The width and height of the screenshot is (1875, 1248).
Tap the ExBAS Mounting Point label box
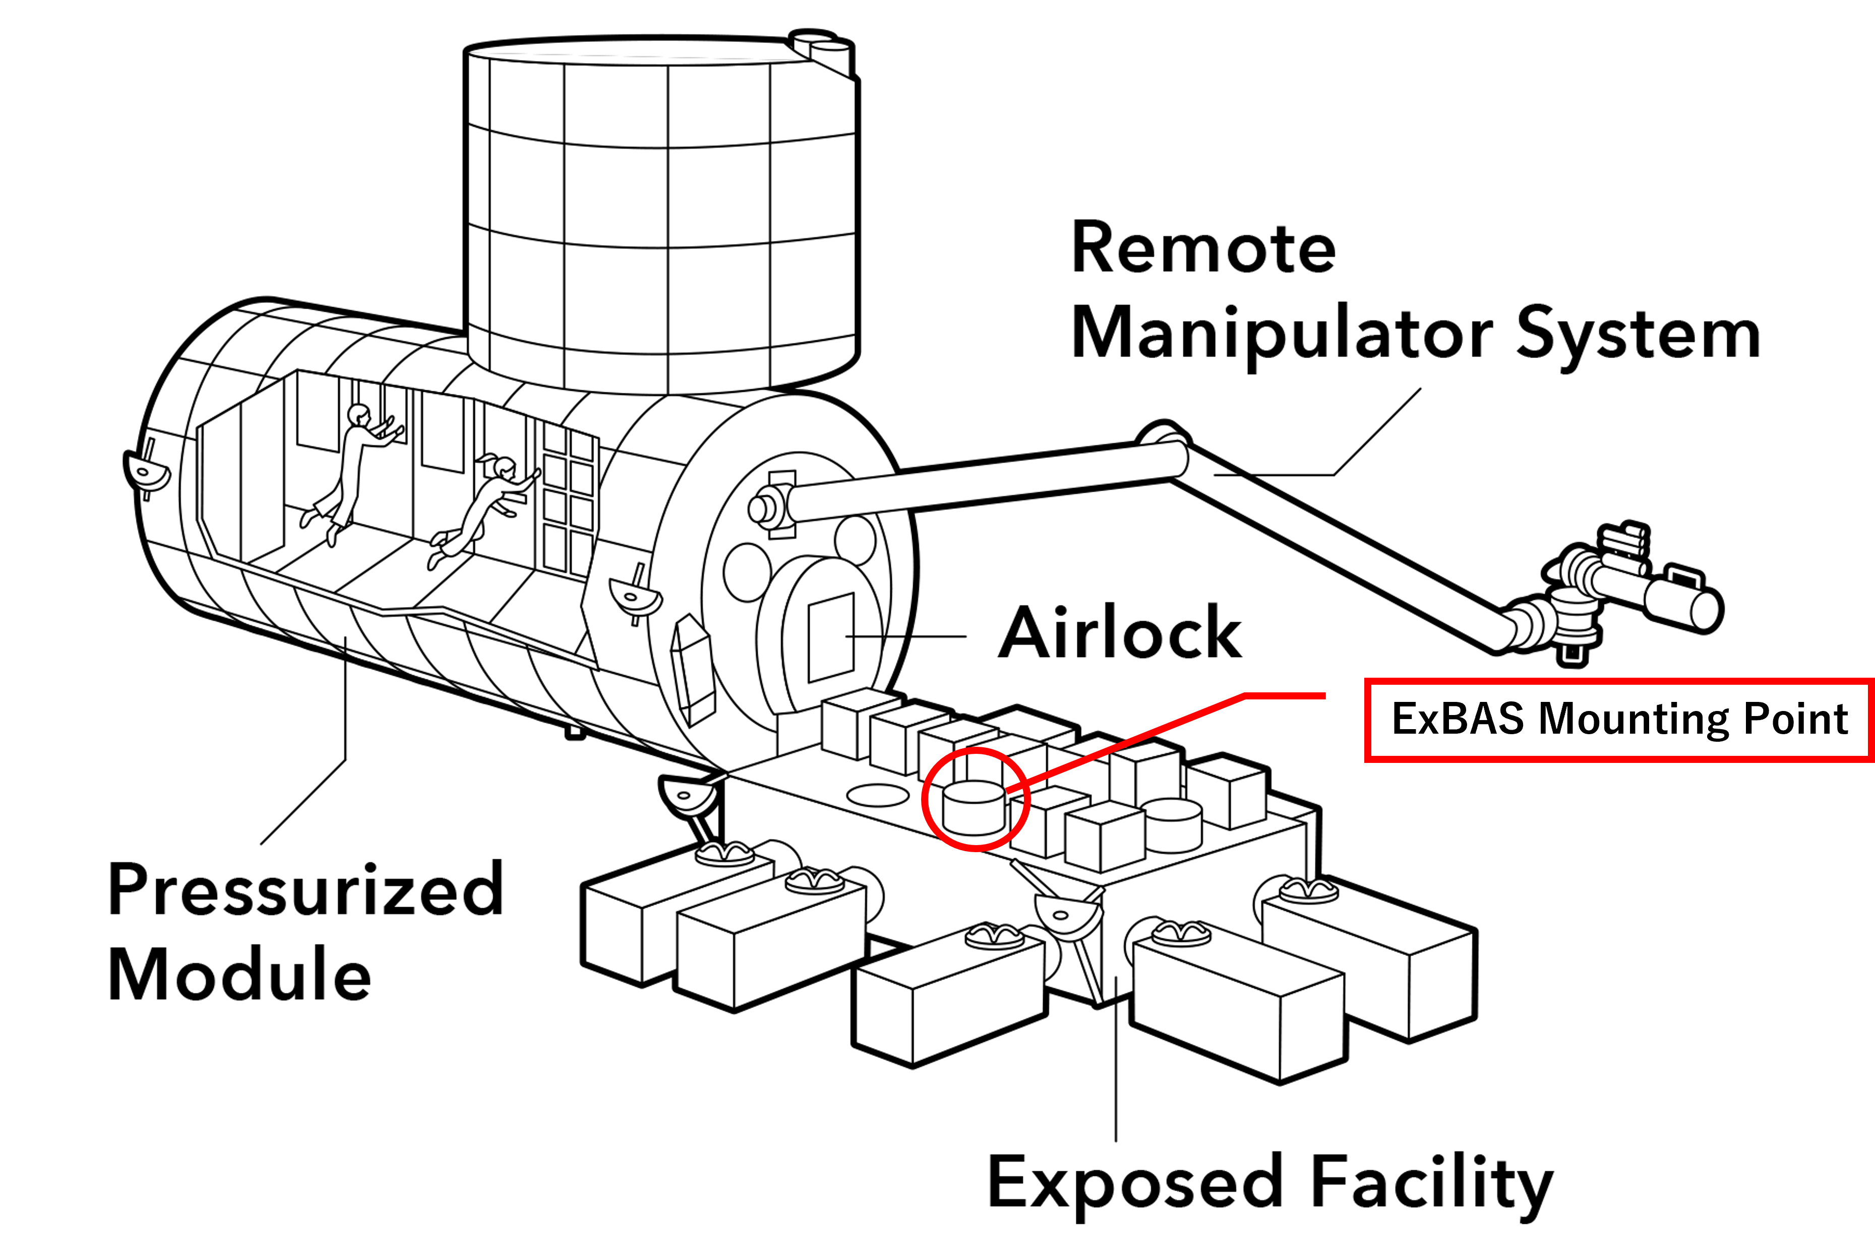[1619, 720]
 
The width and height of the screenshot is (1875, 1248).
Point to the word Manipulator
[1281, 334]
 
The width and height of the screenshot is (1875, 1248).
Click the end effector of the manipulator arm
[1631, 593]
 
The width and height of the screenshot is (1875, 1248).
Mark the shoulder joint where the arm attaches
[770, 505]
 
